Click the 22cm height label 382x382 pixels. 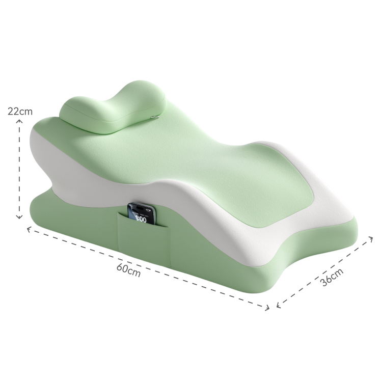pos(20,111)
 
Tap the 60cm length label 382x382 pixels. pos(128,270)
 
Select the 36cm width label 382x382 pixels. pos(332,277)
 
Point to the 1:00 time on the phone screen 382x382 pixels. pos(141,219)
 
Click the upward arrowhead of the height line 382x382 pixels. pos(19,121)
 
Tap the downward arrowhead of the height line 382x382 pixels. pos(19,217)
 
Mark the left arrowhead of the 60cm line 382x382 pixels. pos(29,229)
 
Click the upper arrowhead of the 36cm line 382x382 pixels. pos(371,238)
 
